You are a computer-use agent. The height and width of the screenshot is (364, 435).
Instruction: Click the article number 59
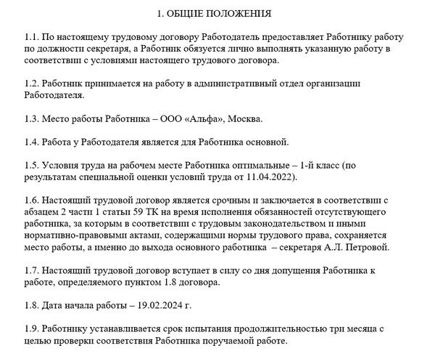[133, 211]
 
